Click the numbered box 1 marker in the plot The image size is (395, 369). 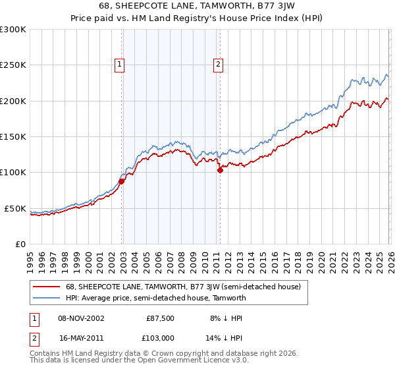(x=119, y=65)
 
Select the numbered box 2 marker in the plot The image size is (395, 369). (x=218, y=65)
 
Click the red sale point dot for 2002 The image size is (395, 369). (x=122, y=181)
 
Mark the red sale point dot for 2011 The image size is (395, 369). (x=220, y=170)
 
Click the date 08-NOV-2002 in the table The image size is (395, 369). (x=82, y=318)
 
